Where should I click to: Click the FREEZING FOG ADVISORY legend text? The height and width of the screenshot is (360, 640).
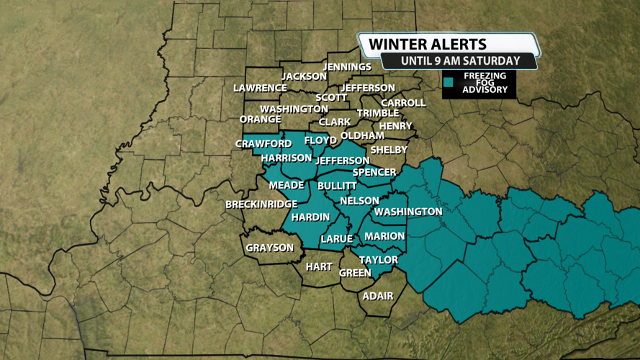click(484, 84)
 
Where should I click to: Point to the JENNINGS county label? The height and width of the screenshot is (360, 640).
click(347, 67)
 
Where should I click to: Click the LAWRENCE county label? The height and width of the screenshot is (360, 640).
click(260, 88)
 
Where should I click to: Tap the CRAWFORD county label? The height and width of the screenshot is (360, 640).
click(263, 144)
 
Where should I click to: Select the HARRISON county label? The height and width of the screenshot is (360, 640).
click(287, 158)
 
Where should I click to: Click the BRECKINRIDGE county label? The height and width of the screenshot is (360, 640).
click(261, 204)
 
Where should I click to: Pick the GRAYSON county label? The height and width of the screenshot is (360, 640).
click(269, 248)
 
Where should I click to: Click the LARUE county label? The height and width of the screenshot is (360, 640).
click(336, 238)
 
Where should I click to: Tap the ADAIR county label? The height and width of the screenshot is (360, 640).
click(378, 296)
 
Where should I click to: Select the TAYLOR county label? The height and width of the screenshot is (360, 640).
click(379, 260)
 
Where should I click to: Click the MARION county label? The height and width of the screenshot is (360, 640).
click(384, 236)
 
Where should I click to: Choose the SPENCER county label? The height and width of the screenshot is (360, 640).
click(374, 172)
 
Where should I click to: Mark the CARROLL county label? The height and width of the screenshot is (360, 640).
click(403, 103)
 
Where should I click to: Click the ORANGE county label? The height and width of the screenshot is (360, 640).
click(260, 119)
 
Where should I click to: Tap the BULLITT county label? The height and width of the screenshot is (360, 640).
click(337, 186)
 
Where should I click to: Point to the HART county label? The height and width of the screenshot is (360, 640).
click(318, 266)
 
